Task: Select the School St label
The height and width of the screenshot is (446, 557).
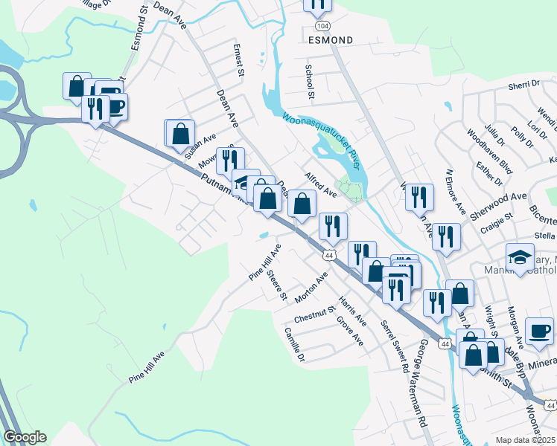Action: pyautogui.click(x=309, y=80)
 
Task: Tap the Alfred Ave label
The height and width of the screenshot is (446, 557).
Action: pyautogui.click(x=321, y=184)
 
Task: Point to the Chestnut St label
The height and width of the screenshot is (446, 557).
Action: pyautogui.click(x=315, y=314)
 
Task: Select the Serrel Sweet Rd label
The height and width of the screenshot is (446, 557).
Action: pyautogui.click(x=395, y=346)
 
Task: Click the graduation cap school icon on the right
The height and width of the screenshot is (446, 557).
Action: pyautogui.click(x=520, y=257)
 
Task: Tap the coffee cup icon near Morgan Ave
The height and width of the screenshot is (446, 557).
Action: pyautogui.click(x=539, y=331)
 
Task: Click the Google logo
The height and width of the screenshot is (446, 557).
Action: pyautogui.click(x=25, y=437)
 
